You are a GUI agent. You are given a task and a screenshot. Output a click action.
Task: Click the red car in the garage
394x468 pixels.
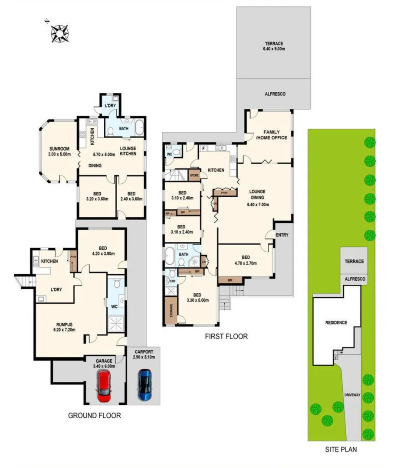105,385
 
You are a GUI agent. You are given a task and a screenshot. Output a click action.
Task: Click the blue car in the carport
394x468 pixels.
144,384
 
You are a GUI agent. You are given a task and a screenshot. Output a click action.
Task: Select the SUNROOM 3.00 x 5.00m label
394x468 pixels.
59,151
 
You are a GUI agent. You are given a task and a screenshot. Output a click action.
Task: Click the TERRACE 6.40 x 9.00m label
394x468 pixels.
274,46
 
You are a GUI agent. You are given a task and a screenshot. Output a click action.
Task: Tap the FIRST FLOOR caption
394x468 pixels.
227,336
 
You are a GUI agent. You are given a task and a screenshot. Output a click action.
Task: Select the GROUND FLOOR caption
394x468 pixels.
94,415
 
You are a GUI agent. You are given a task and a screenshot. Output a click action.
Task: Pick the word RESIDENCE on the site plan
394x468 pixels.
336,323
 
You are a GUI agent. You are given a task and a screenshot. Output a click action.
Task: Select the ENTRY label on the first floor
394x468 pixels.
282,235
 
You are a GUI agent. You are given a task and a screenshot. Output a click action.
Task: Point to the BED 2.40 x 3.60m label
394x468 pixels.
131,196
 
